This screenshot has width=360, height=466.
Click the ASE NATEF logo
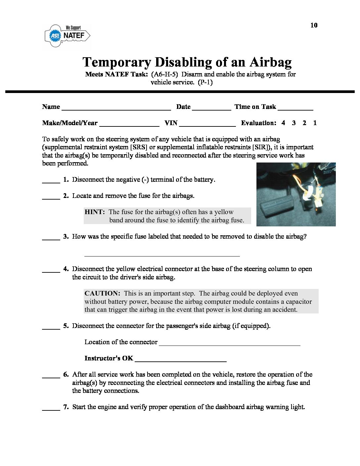(67, 36)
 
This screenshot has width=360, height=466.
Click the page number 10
(314, 25)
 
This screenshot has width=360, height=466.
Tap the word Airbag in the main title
(270, 62)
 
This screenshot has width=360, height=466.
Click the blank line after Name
(116, 108)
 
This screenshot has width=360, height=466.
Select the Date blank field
(211, 108)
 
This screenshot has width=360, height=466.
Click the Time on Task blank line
(295, 108)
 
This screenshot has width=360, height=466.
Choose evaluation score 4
(283, 123)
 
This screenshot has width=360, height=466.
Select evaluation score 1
(315, 123)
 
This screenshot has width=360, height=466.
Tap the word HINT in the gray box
(95, 212)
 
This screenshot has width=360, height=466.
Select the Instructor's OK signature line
(180, 360)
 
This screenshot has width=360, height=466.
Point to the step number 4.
(66, 269)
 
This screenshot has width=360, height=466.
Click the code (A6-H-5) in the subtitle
(164, 74)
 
